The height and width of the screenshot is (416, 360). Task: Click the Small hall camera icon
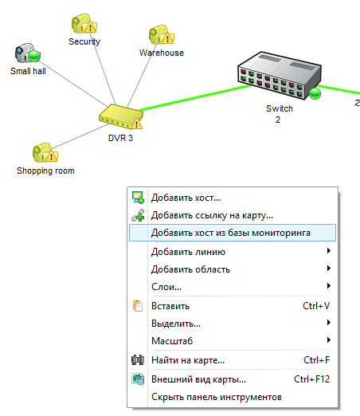click(27, 53)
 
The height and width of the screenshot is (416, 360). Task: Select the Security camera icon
click(84, 24)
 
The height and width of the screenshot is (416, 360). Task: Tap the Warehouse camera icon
click(162, 35)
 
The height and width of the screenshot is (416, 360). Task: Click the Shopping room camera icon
click(45, 153)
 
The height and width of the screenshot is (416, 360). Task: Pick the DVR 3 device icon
click(121, 116)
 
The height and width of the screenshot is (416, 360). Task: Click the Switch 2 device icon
click(280, 76)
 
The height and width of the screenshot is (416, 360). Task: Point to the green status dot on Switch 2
click(315, 94)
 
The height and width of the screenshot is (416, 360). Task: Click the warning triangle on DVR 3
click(136, 124)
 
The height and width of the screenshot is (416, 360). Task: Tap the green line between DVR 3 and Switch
click(195, 97)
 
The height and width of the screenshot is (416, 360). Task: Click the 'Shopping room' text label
click(45, 171)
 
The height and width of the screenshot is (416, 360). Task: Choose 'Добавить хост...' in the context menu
click(186, 198)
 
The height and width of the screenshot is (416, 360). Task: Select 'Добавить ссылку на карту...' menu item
click(212, 215)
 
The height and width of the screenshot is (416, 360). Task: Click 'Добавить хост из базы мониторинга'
click(231, 233)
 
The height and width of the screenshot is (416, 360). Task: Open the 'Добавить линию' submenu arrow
click(329, 251)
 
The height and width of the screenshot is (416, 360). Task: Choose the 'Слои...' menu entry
click(166, 287)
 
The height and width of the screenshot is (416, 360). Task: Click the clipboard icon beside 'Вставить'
click(138, 306)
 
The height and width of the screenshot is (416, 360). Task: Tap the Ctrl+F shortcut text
click(316, 360)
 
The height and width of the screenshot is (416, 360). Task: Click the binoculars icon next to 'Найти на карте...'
click(138, 360)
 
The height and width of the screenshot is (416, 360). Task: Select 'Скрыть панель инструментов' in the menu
click(217, 397)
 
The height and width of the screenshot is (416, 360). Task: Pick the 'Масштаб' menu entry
click(172, 341)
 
